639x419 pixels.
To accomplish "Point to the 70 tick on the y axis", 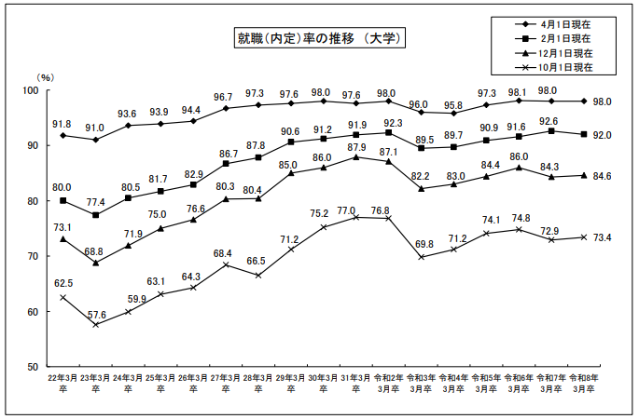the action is (x=33, y=256).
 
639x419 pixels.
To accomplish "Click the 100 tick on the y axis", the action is (x=31, y=90).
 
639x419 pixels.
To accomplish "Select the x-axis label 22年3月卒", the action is (x=63, y=384).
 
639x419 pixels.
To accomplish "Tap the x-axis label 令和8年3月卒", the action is (x=584, y=384).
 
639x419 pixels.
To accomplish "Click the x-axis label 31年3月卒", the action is (x=355, y=384).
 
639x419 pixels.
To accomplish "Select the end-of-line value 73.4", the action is (x=602, y=237).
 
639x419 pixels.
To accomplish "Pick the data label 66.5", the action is (x=256, y=261).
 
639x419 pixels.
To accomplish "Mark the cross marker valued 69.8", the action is (x=422, y=257).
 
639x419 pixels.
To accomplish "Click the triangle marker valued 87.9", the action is (x=355, y=157).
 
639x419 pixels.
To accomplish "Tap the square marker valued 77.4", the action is (x=95, y=215).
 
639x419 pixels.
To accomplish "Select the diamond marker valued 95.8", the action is (x=454, y=113).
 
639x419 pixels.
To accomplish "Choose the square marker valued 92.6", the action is (x=551, y=131).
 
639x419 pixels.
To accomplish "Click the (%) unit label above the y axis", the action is (x=45, y=77).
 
